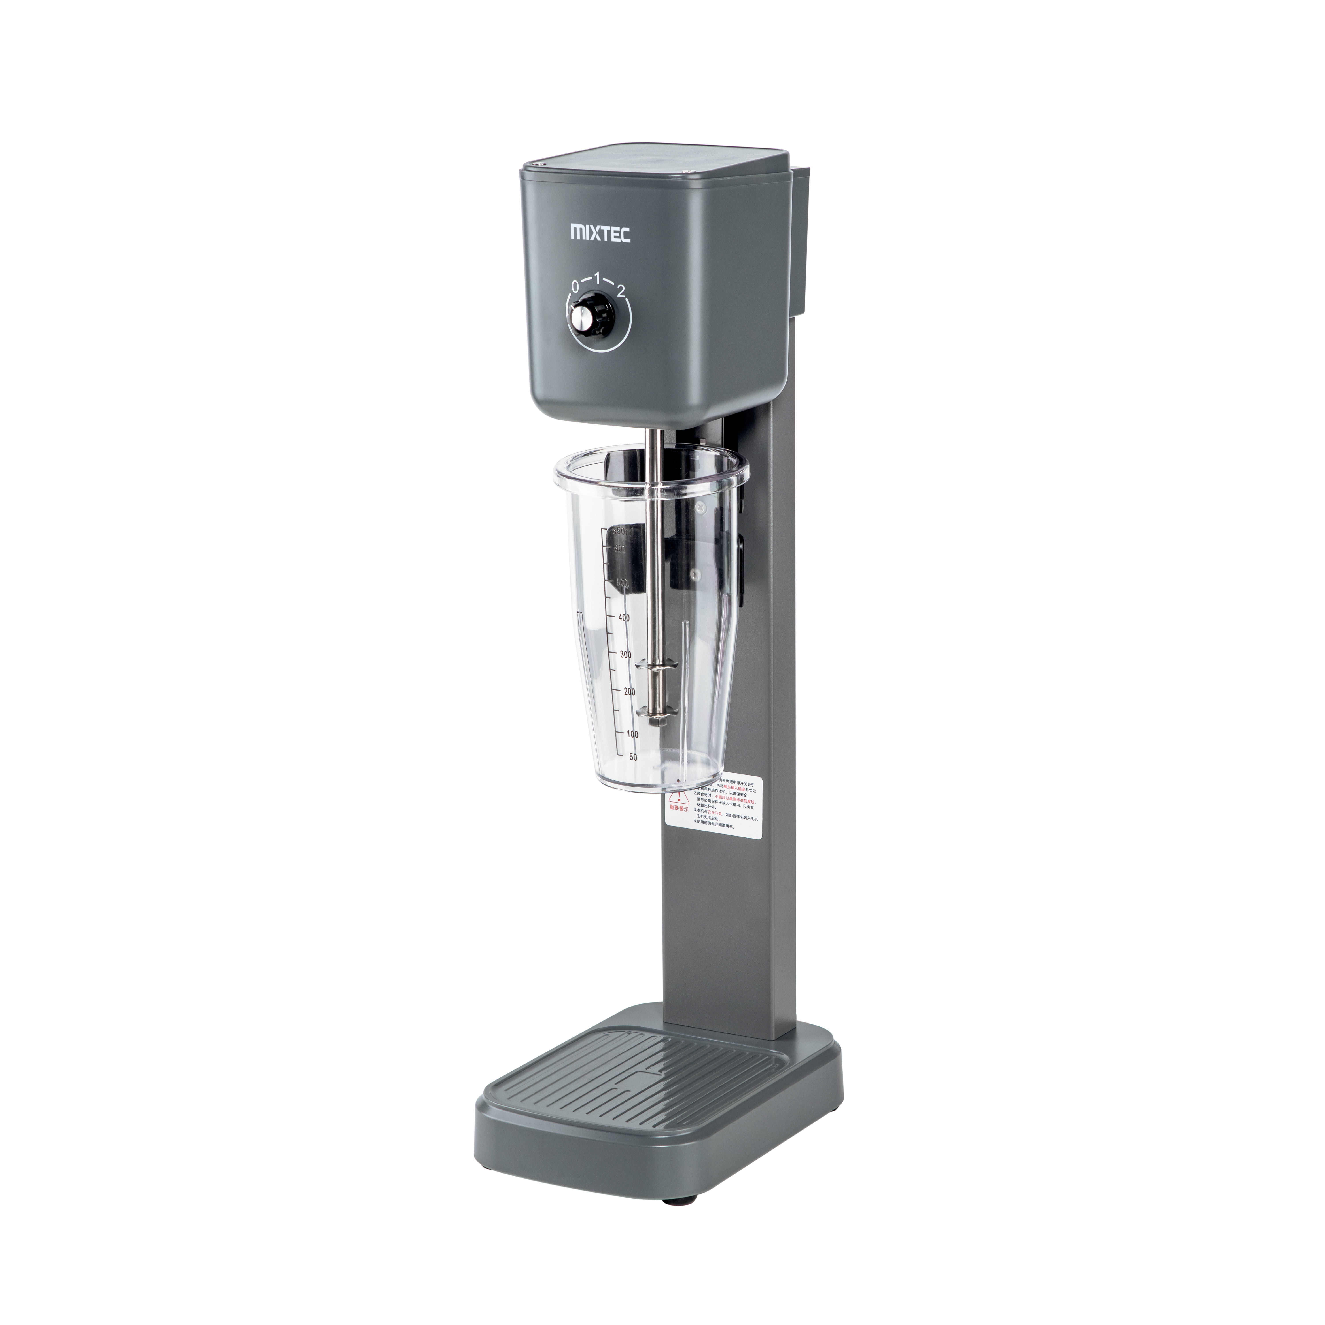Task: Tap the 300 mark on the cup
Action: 625,655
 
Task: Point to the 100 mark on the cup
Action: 632,734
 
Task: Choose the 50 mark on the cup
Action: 632,756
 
